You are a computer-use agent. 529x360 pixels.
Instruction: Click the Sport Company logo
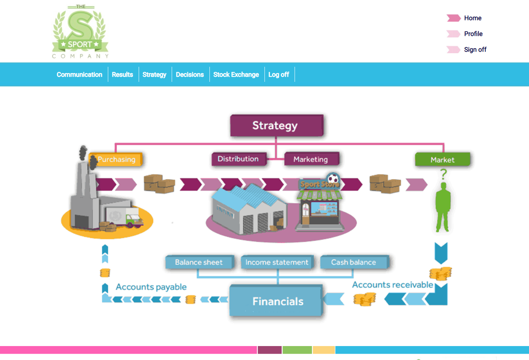pos(80,32)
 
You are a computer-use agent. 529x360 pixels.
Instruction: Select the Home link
pos(473,18)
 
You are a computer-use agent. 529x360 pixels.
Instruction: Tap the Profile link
pos(473,34)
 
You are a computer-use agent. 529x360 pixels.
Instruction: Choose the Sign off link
pos(475,50)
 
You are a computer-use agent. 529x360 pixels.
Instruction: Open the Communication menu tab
pos(79,74)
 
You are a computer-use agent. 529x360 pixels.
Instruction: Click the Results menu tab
pos(122,74)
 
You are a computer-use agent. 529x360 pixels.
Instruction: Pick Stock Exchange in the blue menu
pos(236,74)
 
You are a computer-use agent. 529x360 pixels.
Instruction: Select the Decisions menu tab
pos(190,74)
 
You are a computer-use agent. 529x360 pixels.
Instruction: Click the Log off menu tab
pos(278,74)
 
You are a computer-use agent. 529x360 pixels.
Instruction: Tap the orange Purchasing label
pos(117,160)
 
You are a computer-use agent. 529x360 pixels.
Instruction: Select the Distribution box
pos(238,159)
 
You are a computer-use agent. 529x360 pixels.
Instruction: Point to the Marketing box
pos(311,159)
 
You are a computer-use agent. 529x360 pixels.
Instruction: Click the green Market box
pos(442,160)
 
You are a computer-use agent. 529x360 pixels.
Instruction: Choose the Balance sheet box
pos(199,262)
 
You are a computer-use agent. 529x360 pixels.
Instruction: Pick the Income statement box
pos(277,262)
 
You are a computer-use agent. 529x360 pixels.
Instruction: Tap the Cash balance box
pos(354,262)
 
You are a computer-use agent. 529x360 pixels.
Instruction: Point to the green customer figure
pos(443,207)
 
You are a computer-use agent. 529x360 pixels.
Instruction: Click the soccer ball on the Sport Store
pos(333,178)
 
